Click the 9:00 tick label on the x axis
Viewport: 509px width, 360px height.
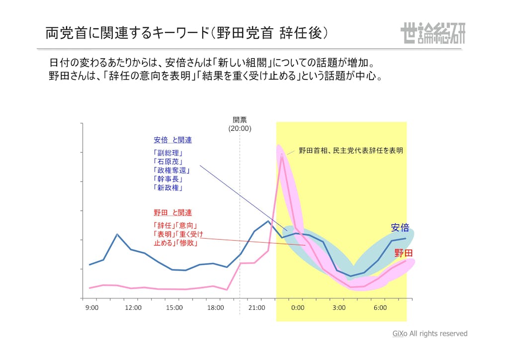92,308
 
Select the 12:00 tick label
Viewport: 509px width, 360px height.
133,308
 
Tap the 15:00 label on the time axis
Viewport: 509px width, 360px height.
174,308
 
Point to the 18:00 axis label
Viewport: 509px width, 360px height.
216,308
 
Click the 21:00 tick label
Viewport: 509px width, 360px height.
257,308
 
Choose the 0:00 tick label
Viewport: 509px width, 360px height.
298,308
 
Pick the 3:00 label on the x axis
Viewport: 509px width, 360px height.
339,308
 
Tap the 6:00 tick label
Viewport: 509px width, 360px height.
380,308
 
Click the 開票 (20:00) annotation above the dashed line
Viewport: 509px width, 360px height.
240,124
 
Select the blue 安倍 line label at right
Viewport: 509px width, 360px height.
400,228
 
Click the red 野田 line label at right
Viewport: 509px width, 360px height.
404,253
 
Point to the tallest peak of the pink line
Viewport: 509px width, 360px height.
282,155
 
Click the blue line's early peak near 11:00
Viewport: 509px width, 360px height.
117,234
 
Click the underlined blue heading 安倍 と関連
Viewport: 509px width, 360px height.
172,140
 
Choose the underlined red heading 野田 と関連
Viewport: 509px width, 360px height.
172,212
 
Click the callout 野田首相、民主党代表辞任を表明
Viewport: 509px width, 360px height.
350,150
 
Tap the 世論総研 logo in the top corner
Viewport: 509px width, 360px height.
432,33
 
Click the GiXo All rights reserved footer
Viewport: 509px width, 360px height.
430,334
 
